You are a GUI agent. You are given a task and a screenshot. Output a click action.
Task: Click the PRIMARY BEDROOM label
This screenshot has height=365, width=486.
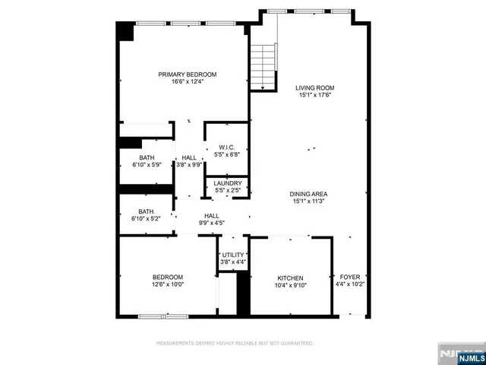[187, 75]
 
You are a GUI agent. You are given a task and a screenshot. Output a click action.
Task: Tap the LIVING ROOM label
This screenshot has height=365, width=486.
[314, 88]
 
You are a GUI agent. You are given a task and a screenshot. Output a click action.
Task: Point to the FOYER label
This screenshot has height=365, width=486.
[350, 278]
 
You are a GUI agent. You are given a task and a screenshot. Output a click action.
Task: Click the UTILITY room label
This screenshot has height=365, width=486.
[233, 255]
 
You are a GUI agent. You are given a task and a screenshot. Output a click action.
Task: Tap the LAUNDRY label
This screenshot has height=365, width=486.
[228, 183]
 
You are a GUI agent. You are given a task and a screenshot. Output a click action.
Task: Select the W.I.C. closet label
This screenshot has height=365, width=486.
[228, 147]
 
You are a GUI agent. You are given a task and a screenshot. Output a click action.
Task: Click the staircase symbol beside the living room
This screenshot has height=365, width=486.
[264, 67]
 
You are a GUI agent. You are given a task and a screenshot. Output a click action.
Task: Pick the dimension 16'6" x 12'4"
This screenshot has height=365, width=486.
[187, 82]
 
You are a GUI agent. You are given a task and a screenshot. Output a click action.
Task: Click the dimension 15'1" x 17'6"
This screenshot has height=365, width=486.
[314, 96]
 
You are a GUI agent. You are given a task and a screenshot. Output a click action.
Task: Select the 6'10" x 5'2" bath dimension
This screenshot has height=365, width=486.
[146, 219]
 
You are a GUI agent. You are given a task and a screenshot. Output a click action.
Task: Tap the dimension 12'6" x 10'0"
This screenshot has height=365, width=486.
[167, 284]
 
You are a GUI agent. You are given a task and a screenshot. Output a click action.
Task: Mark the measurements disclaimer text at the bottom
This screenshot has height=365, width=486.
[235, 344]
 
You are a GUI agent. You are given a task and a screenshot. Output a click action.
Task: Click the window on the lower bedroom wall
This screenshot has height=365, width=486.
[163, 316]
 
